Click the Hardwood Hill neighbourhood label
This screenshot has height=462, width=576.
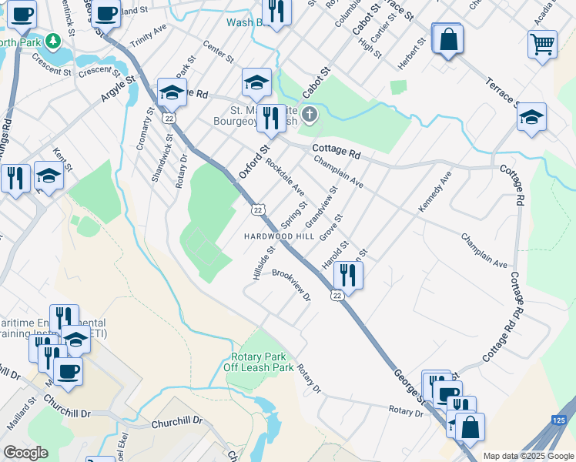pyautogui.click(x=280, y=236)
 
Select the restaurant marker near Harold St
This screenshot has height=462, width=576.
pyautogui.click(x=348, y=275)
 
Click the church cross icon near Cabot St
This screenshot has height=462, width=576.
pyautogui.click(x=309, y=115)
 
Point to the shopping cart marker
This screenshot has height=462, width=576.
pyautogui.click(x=542, y=44)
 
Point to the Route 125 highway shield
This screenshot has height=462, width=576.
pyautogui.click(x=560, y=420)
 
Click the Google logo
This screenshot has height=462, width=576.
pyautogui.click(x=25, y=453)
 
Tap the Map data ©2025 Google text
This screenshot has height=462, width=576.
pyautogui.click(x=528, y=456)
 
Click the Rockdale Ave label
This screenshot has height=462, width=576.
pyautogui.click(x=285, y=178)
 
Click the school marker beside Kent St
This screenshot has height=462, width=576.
pyautogui.click(x=49, y=176)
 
